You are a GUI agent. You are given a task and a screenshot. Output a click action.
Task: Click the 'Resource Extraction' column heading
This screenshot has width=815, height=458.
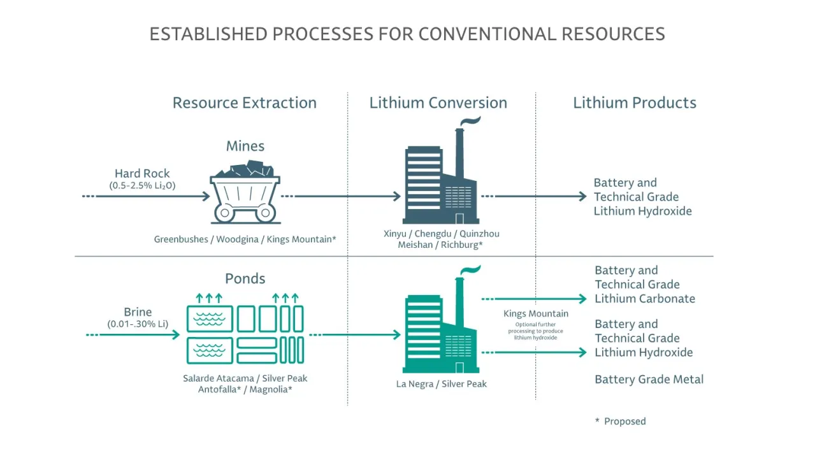(244, 103)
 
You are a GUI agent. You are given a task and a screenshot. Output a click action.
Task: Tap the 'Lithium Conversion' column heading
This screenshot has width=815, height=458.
(438, 103)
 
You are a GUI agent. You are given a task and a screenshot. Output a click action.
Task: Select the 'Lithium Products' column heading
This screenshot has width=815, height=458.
(634, 103)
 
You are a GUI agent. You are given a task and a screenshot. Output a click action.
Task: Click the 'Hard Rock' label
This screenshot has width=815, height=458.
(142, 173)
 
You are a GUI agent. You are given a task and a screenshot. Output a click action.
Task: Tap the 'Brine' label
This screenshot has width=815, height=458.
(138, 312)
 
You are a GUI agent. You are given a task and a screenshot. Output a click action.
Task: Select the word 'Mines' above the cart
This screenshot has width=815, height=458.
(245, 146)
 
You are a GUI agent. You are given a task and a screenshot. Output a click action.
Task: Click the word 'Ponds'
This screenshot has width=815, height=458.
(245, 278)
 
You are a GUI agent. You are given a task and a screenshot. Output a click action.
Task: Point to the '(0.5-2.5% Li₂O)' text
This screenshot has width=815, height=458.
(142, 185)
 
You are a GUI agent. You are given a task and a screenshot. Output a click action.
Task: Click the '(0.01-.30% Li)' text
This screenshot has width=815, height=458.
(138, 324)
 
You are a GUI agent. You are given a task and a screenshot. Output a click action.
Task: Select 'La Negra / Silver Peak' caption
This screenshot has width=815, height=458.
(441, 383)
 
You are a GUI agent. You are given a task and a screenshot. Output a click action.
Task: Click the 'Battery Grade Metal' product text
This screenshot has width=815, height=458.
(649, 379)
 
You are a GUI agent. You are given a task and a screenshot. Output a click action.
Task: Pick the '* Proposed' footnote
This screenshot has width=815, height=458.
(620, 421)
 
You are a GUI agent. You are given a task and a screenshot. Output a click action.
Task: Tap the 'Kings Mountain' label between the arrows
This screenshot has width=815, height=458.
(535, 313)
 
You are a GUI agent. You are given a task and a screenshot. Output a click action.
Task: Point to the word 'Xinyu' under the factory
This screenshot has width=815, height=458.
(395, 233)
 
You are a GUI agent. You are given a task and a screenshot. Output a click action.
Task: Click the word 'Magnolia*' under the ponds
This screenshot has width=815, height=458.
(271, 389)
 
